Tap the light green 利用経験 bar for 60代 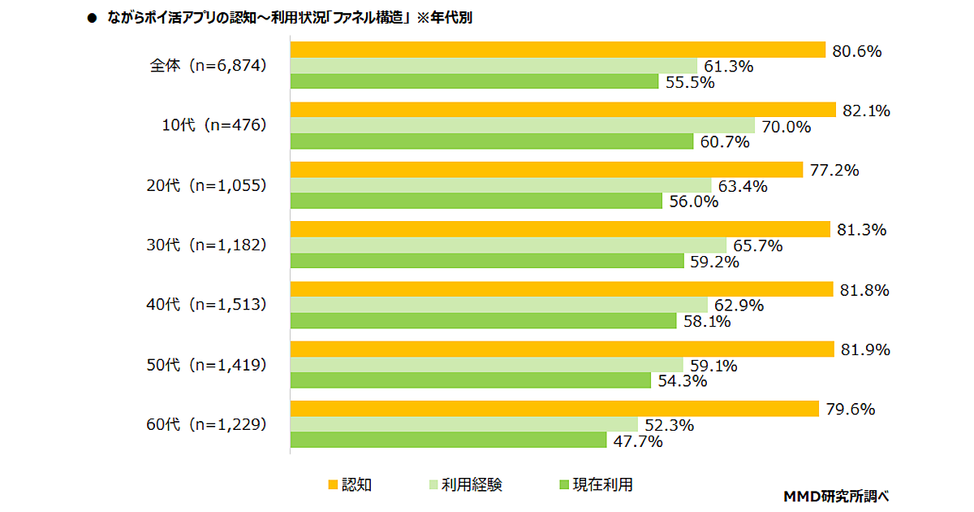pos(463,424)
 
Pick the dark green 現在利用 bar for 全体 pos(474,81)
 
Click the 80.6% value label pos(856,51)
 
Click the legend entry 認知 pos(350,485)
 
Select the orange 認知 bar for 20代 pos(543,170)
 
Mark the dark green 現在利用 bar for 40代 pos(483,321)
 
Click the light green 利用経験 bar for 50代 pos(486,365)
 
